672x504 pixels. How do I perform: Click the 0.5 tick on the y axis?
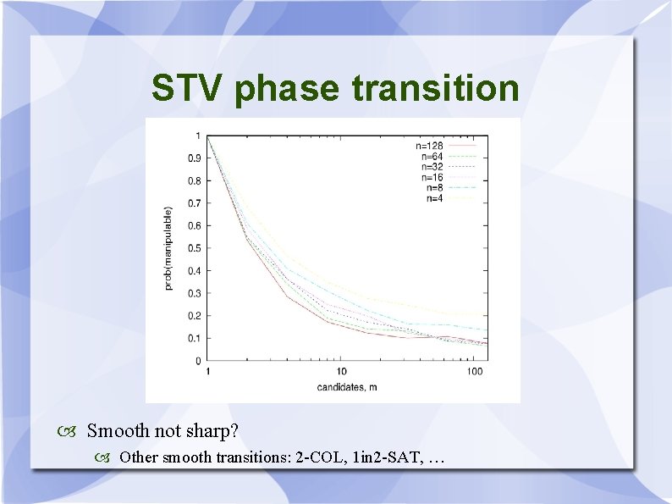tap(194, 248)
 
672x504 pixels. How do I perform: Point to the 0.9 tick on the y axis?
tap(194, 158)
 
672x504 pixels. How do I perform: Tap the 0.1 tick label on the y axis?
tap(194, 339)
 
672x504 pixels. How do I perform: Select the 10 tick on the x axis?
tap(341, 372)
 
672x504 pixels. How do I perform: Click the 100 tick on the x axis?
tap(476, 372)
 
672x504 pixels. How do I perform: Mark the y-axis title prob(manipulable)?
tap(168, 248)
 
